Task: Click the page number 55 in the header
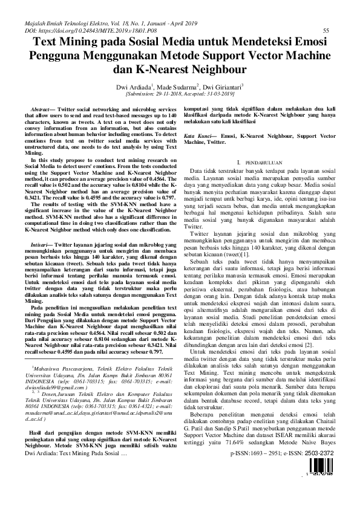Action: [326, 30]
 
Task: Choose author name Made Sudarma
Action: [180, 87]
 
